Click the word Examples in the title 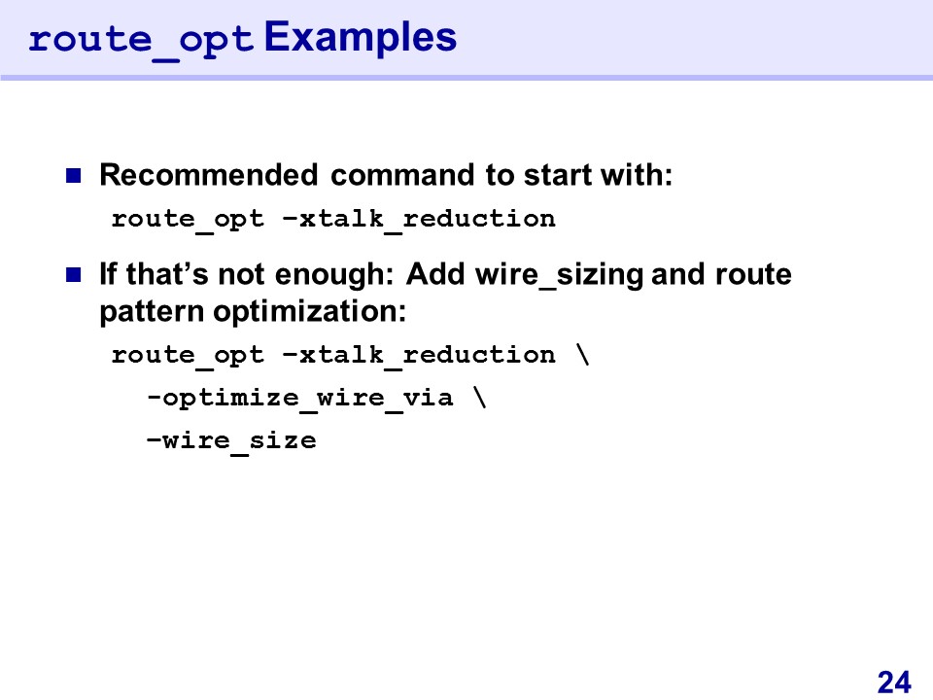coord(360,39)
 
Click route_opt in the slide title coord(142,42)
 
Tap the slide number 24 coord(894,682)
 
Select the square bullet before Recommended coord(73,176)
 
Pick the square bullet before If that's coord(73,274)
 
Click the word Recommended coord(209,175)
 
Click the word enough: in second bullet coord(333,275)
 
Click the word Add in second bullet coord(435,274)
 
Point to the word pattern coord(152,312)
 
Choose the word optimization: coord(309,312)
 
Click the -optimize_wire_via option coord(300,399)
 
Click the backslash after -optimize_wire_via coord(480,398)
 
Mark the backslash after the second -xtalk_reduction coord(582,354)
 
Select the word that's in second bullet coord(167,274)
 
